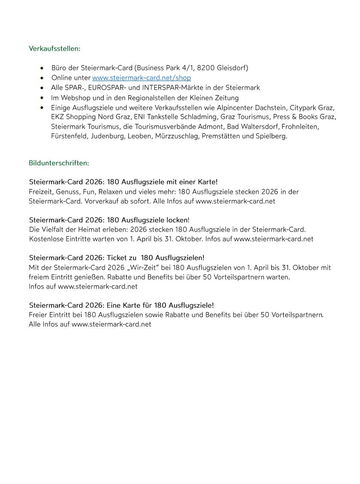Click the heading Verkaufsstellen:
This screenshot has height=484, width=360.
click(x=54, y=48)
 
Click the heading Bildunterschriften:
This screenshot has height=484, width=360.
click(x=59, y=163)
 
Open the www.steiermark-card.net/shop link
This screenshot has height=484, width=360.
click(x=142, y=78)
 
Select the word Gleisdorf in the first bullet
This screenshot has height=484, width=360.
click(x=233, y=68)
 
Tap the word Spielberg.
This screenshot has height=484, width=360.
click(x=271, y=136)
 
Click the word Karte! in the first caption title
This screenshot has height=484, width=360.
click(x=208, y=182)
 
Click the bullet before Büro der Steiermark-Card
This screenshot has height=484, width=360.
click(x=42, y=68)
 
